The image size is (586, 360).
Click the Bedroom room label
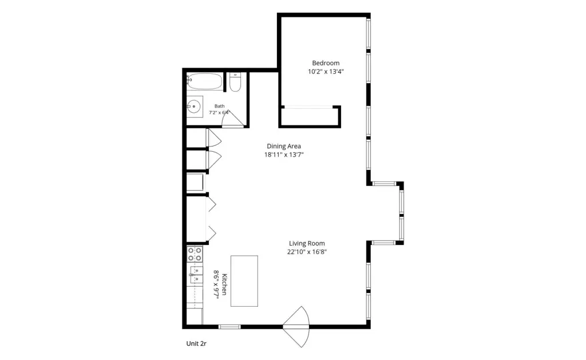pos(326,63)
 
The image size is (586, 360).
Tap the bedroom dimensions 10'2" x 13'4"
pos(326,72)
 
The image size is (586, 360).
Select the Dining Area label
pos(284,146)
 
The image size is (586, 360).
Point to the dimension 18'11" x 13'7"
pos(284,155)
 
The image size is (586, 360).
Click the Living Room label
pos(307,243)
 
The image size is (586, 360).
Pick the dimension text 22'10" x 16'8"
pos(307,252)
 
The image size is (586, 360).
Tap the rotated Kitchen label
pos(224,284)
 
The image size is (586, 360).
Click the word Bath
pos(219,106)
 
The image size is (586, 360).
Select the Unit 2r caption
pos(196,343)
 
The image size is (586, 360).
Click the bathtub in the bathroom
pos(204,81)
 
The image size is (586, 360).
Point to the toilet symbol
pos(235,82)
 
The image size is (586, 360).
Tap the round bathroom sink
pos(194,106)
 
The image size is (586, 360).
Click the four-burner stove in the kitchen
pos(195,254)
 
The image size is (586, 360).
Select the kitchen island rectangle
pos(244,281)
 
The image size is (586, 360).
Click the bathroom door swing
pos(232,118)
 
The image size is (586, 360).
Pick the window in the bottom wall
pos(229,327)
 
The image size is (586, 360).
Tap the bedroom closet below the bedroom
pos(310,117)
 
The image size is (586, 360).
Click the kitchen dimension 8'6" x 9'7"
pos(216,284)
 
